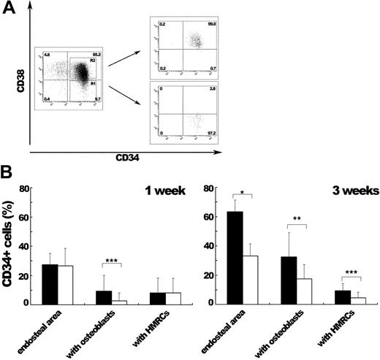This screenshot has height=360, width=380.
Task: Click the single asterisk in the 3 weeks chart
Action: click(242, 194)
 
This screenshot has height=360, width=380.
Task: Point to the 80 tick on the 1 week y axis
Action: click(25, 188)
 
